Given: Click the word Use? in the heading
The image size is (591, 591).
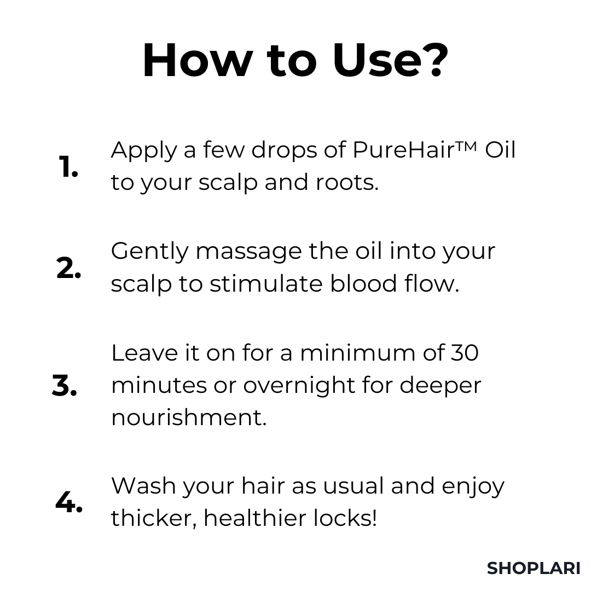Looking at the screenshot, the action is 390,60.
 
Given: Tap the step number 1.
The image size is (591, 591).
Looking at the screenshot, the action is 68,166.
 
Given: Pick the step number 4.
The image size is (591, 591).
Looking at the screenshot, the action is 69,502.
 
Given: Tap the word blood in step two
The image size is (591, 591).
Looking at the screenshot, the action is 363,283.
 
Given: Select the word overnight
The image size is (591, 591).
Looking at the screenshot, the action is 299,386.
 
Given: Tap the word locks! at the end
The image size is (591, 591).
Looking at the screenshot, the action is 345,518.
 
